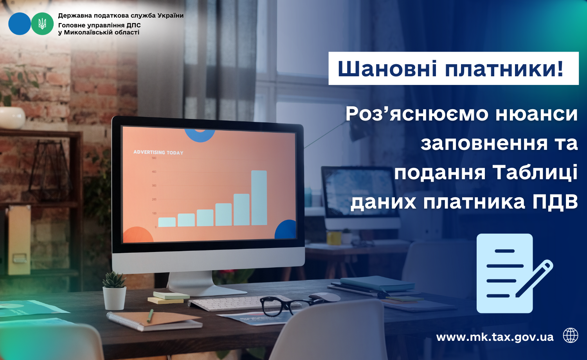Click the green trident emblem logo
[42, 24]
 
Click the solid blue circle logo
[20, 24]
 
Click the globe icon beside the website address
[571, 335]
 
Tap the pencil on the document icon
[534, 279]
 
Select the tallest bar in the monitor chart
[259, 198]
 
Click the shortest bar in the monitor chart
[167, 222]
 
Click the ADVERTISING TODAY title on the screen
[158, 153]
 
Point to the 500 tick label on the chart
[154, 158]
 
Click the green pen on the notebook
[150, 315]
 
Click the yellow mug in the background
[334, 238]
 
